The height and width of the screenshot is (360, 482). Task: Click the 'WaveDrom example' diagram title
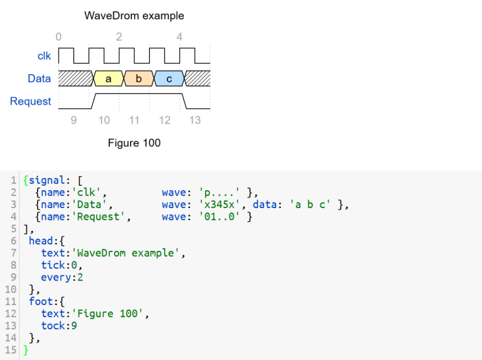click(x=134, y=16)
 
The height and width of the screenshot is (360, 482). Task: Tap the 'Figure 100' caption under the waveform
click(x=134, y=143)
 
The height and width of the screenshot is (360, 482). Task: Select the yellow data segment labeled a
click(x=108, y=79)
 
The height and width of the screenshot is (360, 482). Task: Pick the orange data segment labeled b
click(x=138, y=79)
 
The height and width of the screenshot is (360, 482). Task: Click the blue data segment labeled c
click(x=169, y=79)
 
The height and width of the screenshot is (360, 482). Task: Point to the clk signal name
click(x=44, y=56)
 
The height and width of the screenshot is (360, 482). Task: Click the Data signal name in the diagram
click(x=39, y=79)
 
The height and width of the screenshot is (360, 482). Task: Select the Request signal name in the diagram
click(x=30, y=101)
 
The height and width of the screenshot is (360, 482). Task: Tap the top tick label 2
click(x=119, y=37)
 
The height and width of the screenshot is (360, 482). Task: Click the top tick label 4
click(x=179, y=37)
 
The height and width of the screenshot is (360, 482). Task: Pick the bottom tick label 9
click(x=74, y=120)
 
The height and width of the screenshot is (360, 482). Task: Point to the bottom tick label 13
click(x=195, y=120)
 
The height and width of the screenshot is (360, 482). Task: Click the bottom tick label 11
click(x=134, y=120)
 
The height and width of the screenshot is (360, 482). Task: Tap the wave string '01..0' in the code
click(x=221, y=217)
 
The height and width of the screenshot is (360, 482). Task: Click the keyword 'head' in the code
click(x=41, y=241)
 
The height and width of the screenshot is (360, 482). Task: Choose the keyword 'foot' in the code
click(x=41, y=301)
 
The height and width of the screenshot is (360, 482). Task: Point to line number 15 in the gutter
click(x=11, y=350)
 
